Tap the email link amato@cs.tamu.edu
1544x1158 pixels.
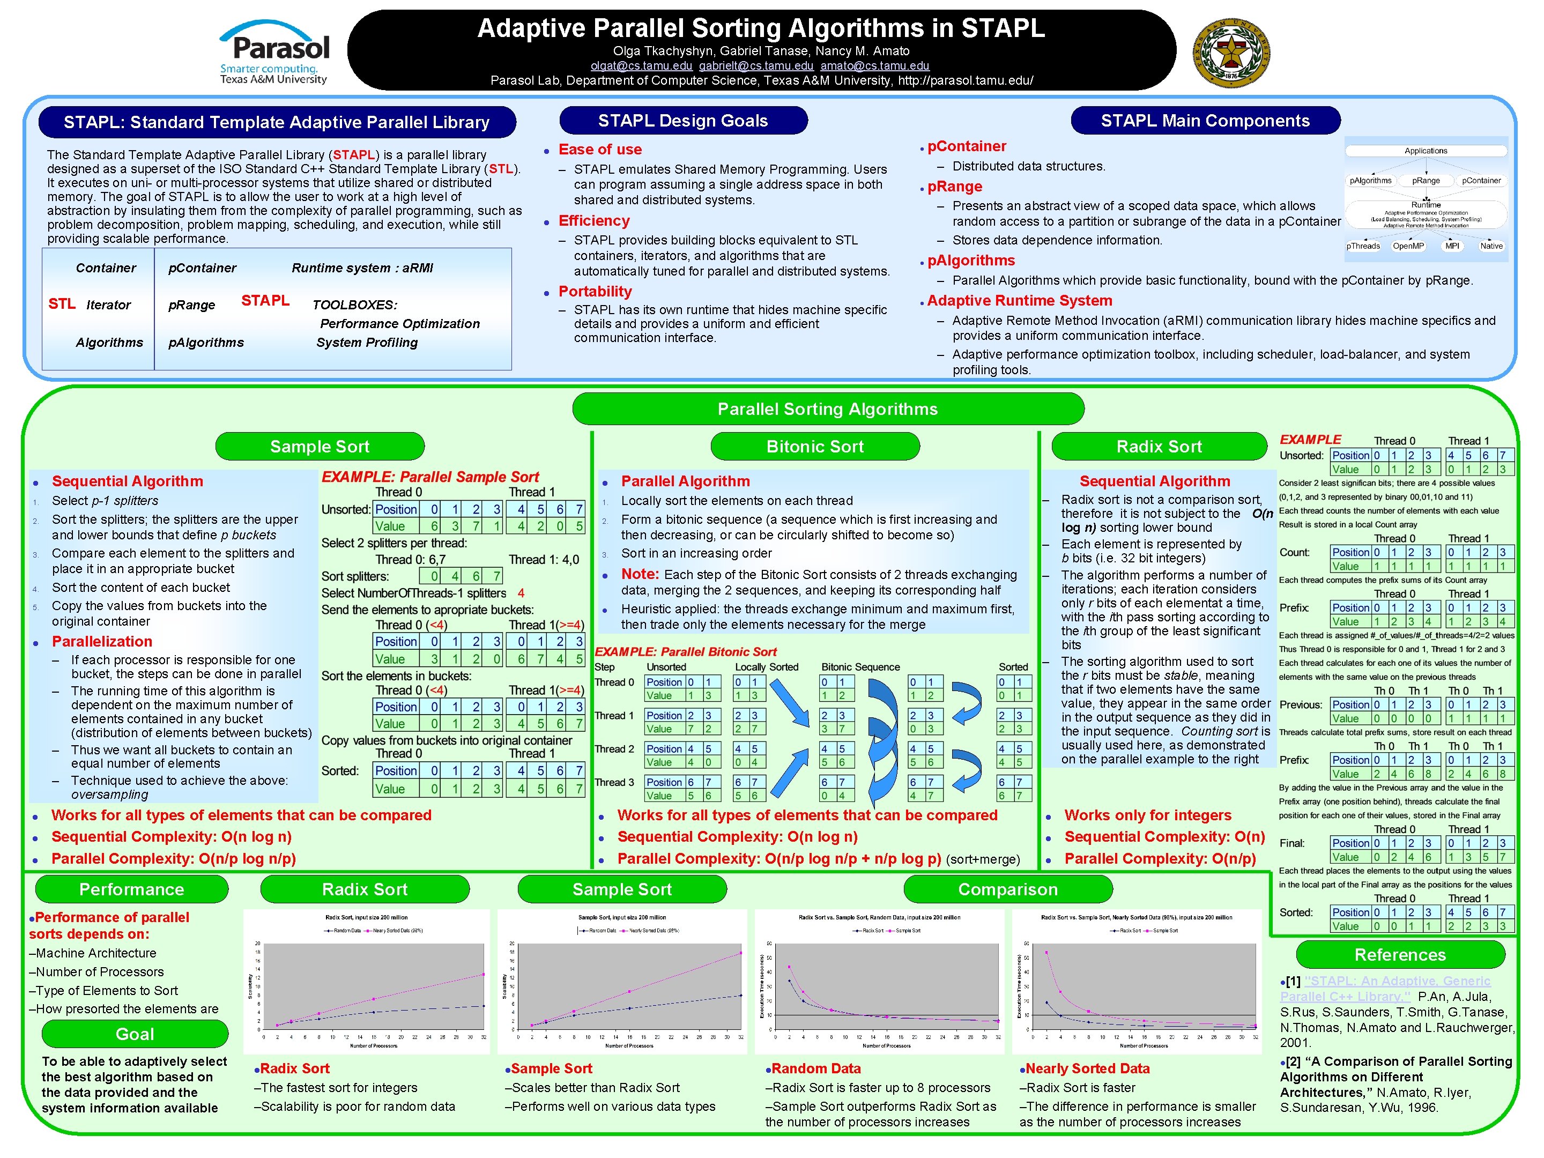[874, 65]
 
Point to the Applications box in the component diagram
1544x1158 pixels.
[1426, 151]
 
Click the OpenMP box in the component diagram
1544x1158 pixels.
[1408, 246]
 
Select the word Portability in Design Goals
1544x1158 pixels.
[595, 291]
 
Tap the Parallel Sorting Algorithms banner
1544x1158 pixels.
[827, 409]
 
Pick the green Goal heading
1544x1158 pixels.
[135, 1034]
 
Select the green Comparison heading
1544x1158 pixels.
[1007, 889]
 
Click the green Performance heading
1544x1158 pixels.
[131, 889]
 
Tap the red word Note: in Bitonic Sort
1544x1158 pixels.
[640, 574]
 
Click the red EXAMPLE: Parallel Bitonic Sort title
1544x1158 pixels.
[686, 652]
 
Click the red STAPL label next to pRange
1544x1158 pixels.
[265, 300]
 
